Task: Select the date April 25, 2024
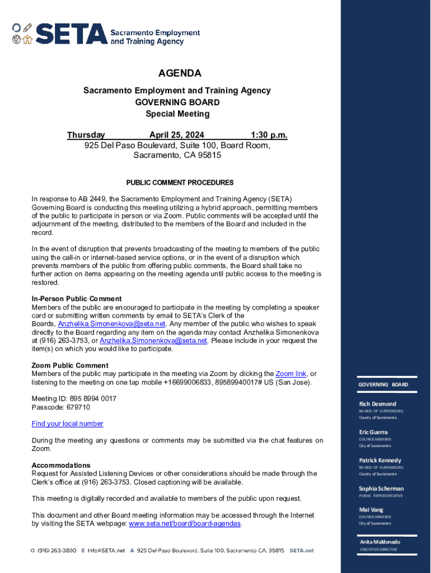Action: click(177, 135)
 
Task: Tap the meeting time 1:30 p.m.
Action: click(269, 135)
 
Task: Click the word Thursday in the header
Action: click(86, 135)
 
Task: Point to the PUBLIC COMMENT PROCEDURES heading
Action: click(180, 183)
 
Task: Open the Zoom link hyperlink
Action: click(291, 374)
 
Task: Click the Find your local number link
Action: click(67, 424)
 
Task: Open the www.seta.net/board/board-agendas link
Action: click(185, 524)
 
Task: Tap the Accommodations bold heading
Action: click(61, 466)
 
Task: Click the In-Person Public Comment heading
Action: click(77, 299)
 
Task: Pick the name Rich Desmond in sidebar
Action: click(377, 404)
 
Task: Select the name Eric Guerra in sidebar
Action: click(373, 432)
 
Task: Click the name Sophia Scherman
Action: click(381, 489)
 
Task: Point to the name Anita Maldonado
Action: click(380, 542)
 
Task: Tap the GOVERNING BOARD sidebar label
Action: click(383, 385)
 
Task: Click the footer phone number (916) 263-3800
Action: click(57, 551)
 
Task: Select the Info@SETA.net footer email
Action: click(106, 551)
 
